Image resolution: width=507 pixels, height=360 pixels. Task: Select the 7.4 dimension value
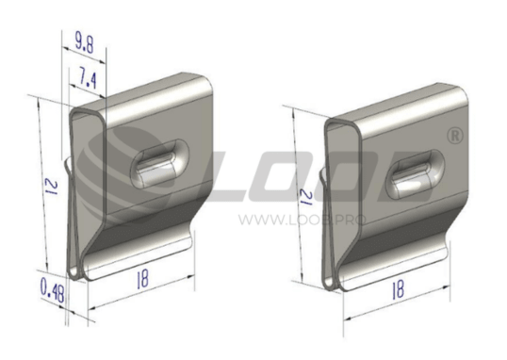pyautogui.click(x=88, y=78)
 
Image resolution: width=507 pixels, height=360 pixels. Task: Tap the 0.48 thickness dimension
pyautogui.click(x=52, y=290)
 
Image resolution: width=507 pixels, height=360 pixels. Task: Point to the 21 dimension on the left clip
pyautogui.click(x=52, y=188)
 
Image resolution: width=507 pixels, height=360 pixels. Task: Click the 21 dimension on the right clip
pyautogui.click(x=306, y=197)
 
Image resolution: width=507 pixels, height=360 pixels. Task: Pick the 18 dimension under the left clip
pyautogui.click(x=142, y=279)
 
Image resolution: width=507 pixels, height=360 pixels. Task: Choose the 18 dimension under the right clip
pyautogui.click(x=399, y=289)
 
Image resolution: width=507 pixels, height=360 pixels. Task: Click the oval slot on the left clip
pyautogui.click(x=159, y=163)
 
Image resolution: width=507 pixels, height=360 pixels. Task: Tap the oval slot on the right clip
pyautogui.click(x=416, y=174)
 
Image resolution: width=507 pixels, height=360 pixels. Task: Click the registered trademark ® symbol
pyautogui.click(x=455, y=136)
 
